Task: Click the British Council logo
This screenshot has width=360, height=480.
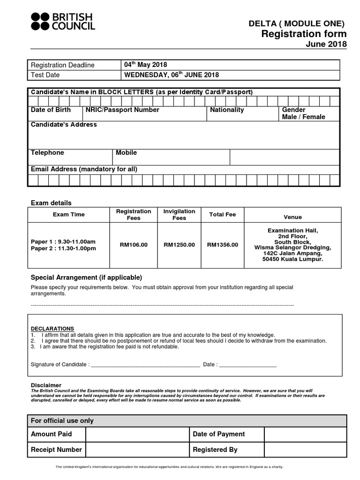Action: (x=63, y=22)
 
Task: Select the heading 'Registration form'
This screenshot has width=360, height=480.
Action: (x=304, y=34)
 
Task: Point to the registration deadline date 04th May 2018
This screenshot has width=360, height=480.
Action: (x=145, y=65)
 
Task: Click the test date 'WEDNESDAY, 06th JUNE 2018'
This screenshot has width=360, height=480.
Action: (x=171, y=75)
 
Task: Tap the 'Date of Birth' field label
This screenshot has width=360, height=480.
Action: (x=51, y=110)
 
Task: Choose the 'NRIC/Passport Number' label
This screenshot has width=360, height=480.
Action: (x=122, y=110)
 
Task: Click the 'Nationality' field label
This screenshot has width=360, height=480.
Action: (x=227, y=110)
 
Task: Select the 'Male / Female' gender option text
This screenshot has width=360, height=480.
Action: (x=303, y=117)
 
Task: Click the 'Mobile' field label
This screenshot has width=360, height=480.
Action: (x=126, y=153)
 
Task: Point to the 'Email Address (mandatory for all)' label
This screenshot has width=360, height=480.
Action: (x=84, y=169)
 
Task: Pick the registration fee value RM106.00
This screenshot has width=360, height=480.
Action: (x=134, y=245)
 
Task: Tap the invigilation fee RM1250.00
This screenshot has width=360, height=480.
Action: (x=179, y=245)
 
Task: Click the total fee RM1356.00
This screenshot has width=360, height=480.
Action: (x=223, y=245)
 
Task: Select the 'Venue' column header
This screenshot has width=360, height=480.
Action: (x=293, y=217)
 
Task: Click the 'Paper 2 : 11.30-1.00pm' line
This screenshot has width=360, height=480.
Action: (x=63, y=248)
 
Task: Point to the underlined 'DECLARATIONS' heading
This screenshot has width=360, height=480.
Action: (x=52, y=329)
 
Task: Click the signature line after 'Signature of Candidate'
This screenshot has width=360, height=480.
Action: (x=145, y=364)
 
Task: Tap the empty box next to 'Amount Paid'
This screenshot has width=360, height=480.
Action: (x=137, y=435)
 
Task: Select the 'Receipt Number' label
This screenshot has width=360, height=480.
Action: (x=56, y=450)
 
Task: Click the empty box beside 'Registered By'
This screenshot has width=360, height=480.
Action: (x=305, y=450)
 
